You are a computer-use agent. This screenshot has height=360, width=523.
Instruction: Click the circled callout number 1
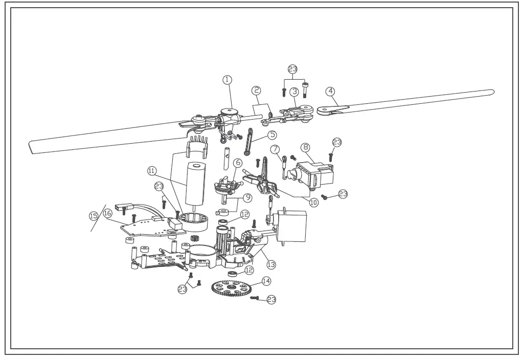point(227,79)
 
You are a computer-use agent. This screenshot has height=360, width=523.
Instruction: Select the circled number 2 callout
point(257,91)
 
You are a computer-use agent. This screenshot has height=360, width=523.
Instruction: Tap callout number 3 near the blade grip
point(294,92)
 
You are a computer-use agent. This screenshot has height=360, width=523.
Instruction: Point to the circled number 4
point(330,92)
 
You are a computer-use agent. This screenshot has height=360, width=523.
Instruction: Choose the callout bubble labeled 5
point(272,135)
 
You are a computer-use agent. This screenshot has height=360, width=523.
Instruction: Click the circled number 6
point(238,163)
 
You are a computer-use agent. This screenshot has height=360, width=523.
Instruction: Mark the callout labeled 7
point(276,149)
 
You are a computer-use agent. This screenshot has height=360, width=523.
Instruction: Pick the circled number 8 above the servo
point(306,147)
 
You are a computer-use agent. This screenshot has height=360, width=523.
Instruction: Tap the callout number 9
point(247,197)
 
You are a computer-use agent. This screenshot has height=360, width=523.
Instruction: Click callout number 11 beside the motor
point(151,170)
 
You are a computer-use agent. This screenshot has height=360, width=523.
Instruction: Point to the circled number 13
point(271,264)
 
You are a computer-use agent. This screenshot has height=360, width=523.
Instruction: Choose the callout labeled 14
point(266,281)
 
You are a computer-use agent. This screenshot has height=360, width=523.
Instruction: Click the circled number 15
point(93,216)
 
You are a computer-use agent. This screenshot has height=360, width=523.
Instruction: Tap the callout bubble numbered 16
point(107,213)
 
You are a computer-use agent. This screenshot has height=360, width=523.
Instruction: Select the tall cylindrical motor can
point(195,183)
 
